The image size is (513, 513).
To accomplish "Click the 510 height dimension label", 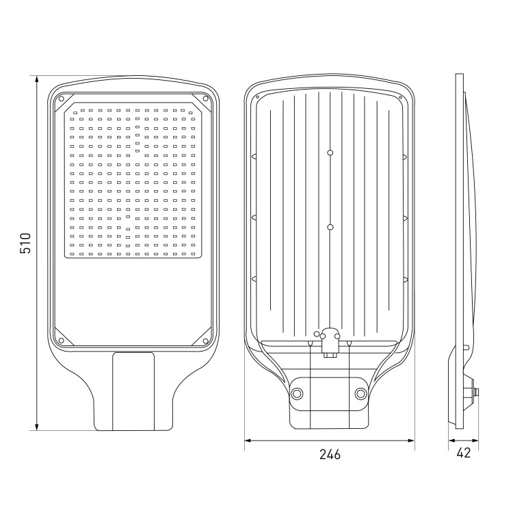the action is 25,243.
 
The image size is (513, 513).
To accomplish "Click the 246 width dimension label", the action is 330,454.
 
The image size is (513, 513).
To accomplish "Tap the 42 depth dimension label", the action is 463,453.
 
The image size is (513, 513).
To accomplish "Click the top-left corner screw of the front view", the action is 60,98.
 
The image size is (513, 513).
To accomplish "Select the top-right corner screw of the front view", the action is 205,98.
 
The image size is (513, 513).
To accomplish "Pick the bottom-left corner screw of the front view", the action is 60,341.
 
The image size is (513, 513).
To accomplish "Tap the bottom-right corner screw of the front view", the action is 205,341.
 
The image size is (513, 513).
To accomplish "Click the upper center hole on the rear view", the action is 330,153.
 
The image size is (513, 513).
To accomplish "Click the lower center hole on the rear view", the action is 330,227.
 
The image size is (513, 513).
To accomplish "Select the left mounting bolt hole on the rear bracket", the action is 297,393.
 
